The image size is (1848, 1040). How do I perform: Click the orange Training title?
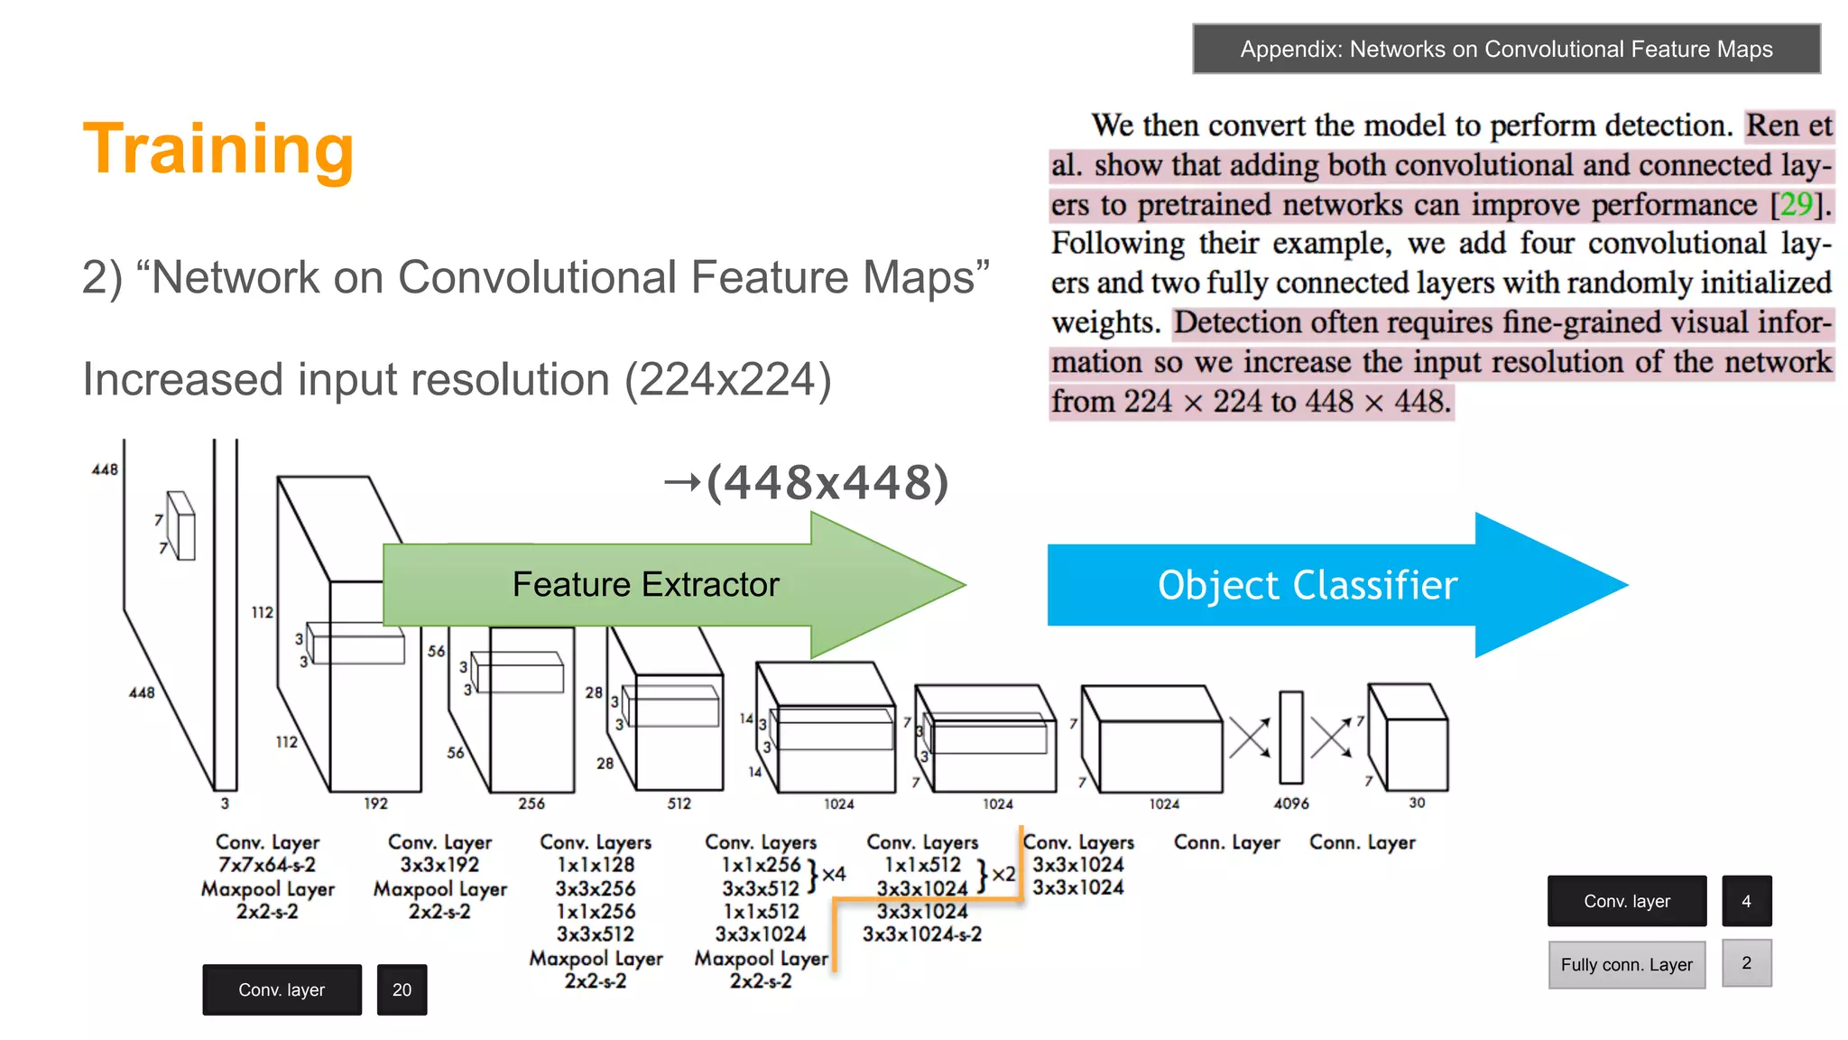click(x=218, y=149)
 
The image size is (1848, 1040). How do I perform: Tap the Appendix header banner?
click(x=1505, y=49)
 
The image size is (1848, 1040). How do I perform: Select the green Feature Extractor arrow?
click(x=645, y=584)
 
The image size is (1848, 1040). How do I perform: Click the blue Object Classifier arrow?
click(x=1307, y=585)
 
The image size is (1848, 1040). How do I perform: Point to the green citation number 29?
click(x=1796, y=204)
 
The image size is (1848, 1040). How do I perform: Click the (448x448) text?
click(x=827, y=482)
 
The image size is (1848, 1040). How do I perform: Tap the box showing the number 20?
click(x=402, y=989)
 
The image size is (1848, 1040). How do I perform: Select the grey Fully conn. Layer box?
click(x=1626, y=964)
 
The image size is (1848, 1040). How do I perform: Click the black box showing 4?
click(x=1746, y=901)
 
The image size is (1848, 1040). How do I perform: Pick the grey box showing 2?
click(x=1746, y=963)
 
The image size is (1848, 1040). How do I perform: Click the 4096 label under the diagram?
click(x=1290, y=803)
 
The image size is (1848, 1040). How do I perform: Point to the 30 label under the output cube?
click(x=1417, y=803)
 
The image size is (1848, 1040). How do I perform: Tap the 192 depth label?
click(x=375, y=803)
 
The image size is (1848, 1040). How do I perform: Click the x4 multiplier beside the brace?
click(x=834, y=874)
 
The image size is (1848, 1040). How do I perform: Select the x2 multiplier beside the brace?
click(x=1003, y=874)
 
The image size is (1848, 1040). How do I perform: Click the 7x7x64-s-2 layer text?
click(x=267, y=865)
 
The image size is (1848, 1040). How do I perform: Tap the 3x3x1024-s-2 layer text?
click(x=921, y=934)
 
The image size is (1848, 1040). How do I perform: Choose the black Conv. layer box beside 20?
click(x=282, y=989)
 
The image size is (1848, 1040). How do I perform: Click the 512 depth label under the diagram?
click(x=679, y=803)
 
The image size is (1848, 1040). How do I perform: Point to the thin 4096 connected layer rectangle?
click(x=1291, y=738)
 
